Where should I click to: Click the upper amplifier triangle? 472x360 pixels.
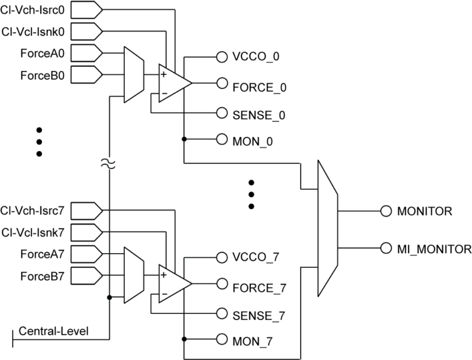coord(173,83)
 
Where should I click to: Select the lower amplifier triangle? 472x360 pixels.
coord(173,283)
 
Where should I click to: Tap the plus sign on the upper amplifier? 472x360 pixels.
coord(163,74)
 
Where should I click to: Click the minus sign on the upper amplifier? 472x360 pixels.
coord(164,94)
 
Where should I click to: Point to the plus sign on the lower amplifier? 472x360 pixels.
coord(163,275)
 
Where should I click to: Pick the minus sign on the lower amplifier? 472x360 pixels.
coord(164,294)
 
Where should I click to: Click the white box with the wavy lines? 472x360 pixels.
coord(108,163)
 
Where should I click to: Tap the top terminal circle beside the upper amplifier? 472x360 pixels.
coord(222,57)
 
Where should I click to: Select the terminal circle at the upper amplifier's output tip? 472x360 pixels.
coord(222,83)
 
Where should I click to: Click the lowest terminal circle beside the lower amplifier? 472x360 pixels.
coord(222,339)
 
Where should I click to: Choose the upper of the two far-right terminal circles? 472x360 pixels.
coord(386,211)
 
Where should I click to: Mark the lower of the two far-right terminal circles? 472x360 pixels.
coord(386,248)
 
